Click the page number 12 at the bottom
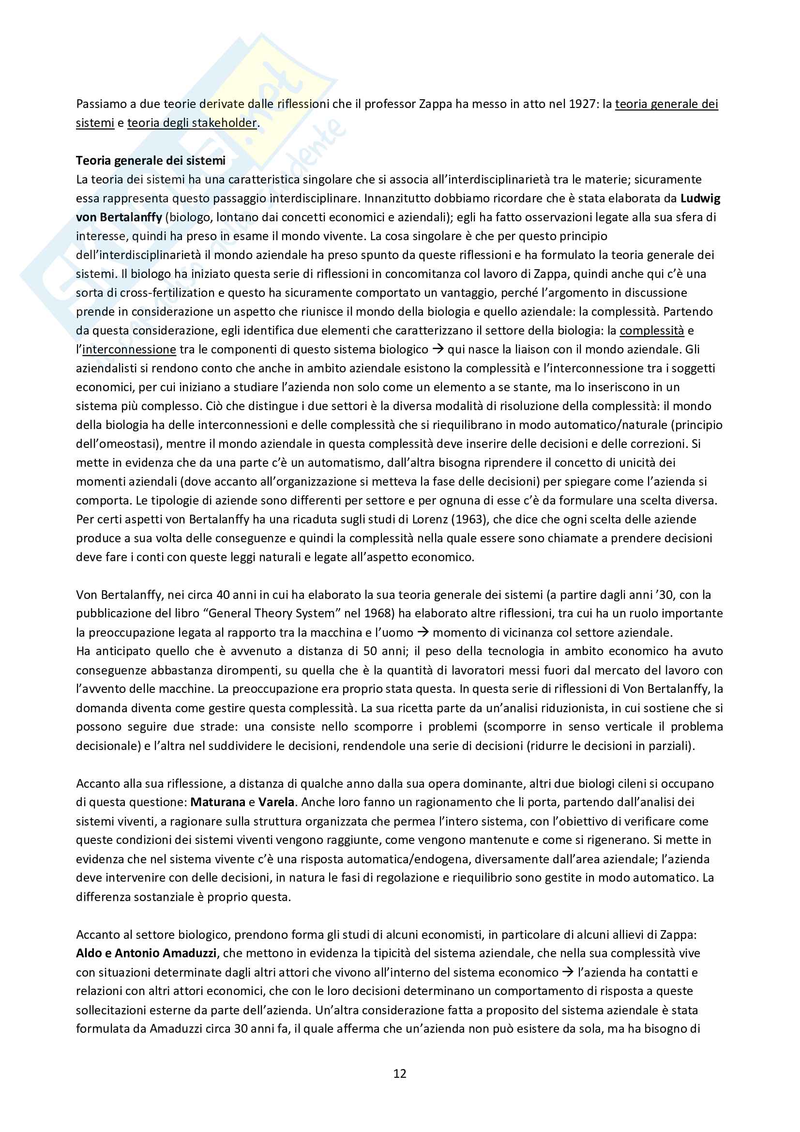(400, 1073)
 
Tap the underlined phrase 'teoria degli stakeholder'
(192, 123)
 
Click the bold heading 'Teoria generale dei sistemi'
(151, 160)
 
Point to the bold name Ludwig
(700, 198)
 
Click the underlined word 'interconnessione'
(129, 350)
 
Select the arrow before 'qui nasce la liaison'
(438, 350)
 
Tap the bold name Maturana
(218, 802)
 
